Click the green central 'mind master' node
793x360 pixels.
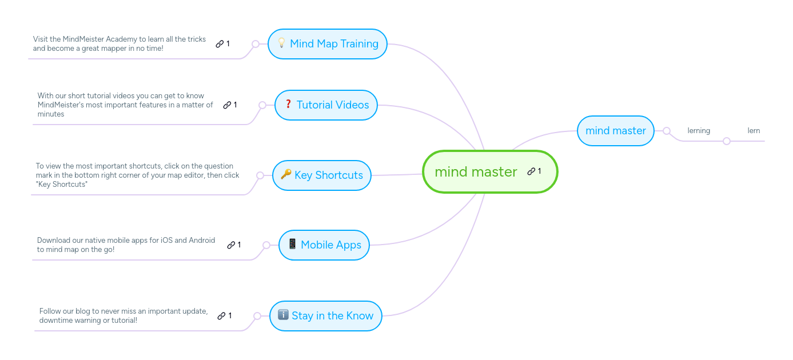[476, 172]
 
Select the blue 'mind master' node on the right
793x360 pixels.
[615, 131]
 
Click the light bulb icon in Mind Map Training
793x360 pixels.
[281, 43]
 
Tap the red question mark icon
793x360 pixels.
[288, 104]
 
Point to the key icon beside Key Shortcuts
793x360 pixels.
[286, 174]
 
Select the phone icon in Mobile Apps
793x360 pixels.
[292, 244]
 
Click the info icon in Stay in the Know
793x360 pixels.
[283, 315]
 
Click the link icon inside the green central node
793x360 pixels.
[531, 171]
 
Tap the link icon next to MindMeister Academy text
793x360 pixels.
[220, 44]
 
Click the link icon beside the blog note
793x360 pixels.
[221, 316]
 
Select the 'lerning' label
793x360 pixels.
[699, 131]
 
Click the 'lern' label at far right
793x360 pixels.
[754, 131]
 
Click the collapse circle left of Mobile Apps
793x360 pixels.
[266, 245]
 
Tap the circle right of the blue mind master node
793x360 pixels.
[667, 131]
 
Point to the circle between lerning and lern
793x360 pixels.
[727, 141]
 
